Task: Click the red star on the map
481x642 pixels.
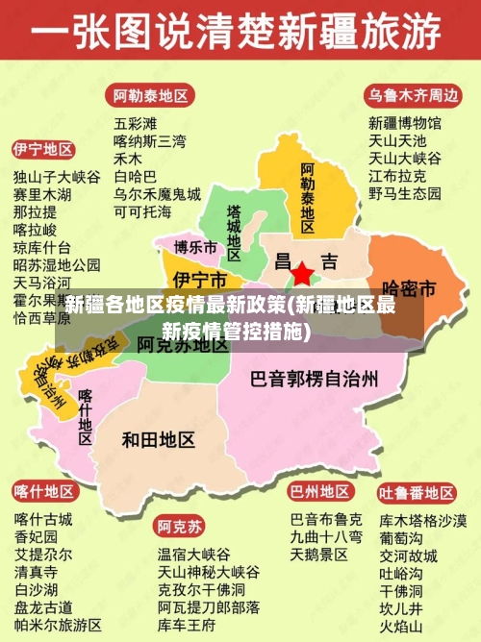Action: (302, 274)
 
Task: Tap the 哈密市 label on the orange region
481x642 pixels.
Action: (409, 287)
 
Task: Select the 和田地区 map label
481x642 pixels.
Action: (159, 439)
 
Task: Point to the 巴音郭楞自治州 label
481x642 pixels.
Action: (314, 379)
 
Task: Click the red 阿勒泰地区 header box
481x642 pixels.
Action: (151, 96)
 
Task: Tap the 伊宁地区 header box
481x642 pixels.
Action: (43, 150)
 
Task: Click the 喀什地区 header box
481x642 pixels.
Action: (43, 491)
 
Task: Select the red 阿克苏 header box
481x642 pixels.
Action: (180, 527)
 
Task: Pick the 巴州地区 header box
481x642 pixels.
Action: (319, 491)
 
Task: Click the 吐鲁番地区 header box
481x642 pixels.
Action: (417, 493)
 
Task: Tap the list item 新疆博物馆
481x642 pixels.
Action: (404, 123)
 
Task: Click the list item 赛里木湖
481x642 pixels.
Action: (41, 194)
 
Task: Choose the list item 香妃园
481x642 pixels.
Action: (36, 536)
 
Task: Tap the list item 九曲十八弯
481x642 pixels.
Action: (326, 536)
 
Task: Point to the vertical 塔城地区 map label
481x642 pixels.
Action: (234, 231)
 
